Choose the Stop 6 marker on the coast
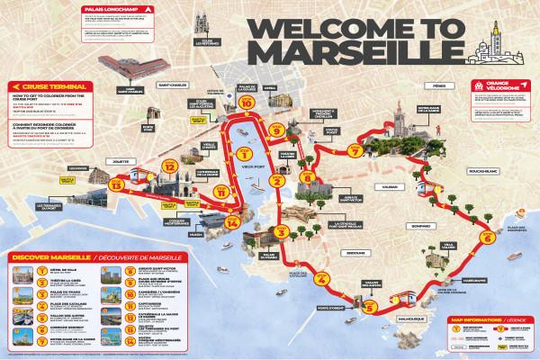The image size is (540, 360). (487, 238)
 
